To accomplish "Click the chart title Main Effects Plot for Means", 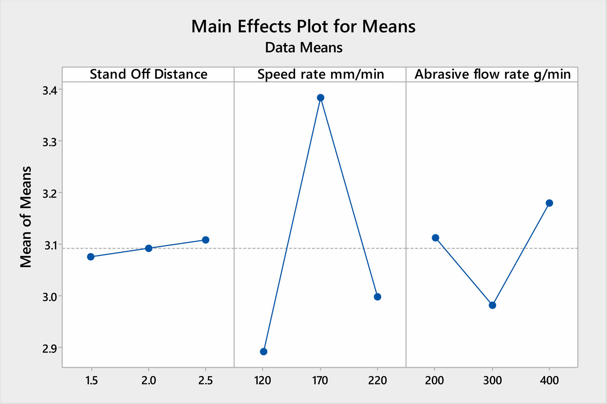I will coord(303,27).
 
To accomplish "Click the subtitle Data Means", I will coord(303,48).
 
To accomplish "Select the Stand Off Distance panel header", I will coord(148,74).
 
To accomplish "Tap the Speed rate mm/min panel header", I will coord(320,74).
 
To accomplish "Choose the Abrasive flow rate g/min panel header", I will coord(492,74).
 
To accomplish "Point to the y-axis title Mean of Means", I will coord(26,217).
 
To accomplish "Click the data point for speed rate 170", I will coord(320,98).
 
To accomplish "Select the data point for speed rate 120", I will coord(264,352).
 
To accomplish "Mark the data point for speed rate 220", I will coord(378,297).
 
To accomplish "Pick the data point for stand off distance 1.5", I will coord(91,257).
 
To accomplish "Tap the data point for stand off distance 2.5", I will coord(206,240).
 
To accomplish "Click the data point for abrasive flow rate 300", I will coord(492,305).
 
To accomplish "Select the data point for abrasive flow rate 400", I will coord(549,203).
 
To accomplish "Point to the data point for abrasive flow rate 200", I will coord(436,238).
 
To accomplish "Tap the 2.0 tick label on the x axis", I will coord(149,381).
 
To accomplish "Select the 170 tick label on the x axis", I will coord(320,381).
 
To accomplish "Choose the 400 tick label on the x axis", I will coord(549,381).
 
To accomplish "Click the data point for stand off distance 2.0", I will coord(149,248).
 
